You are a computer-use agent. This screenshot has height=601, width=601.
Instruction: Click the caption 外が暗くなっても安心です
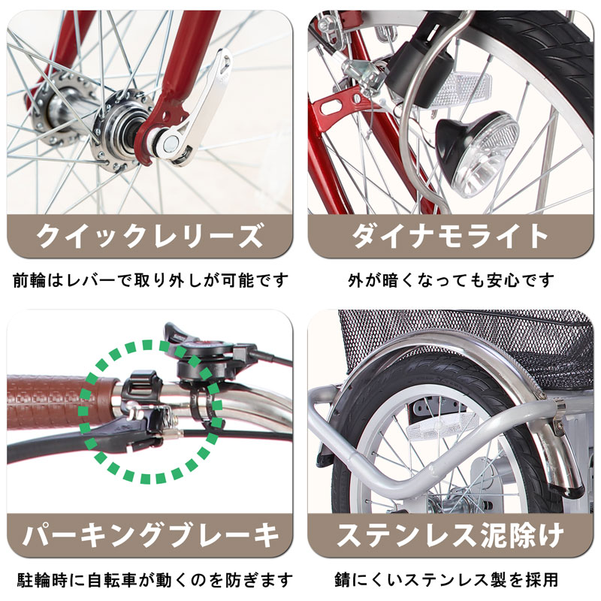point(450,281)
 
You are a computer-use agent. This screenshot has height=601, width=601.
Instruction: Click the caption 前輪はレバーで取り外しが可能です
point(150,281)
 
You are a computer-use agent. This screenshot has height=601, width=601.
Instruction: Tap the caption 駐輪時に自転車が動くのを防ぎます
point(150,580)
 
